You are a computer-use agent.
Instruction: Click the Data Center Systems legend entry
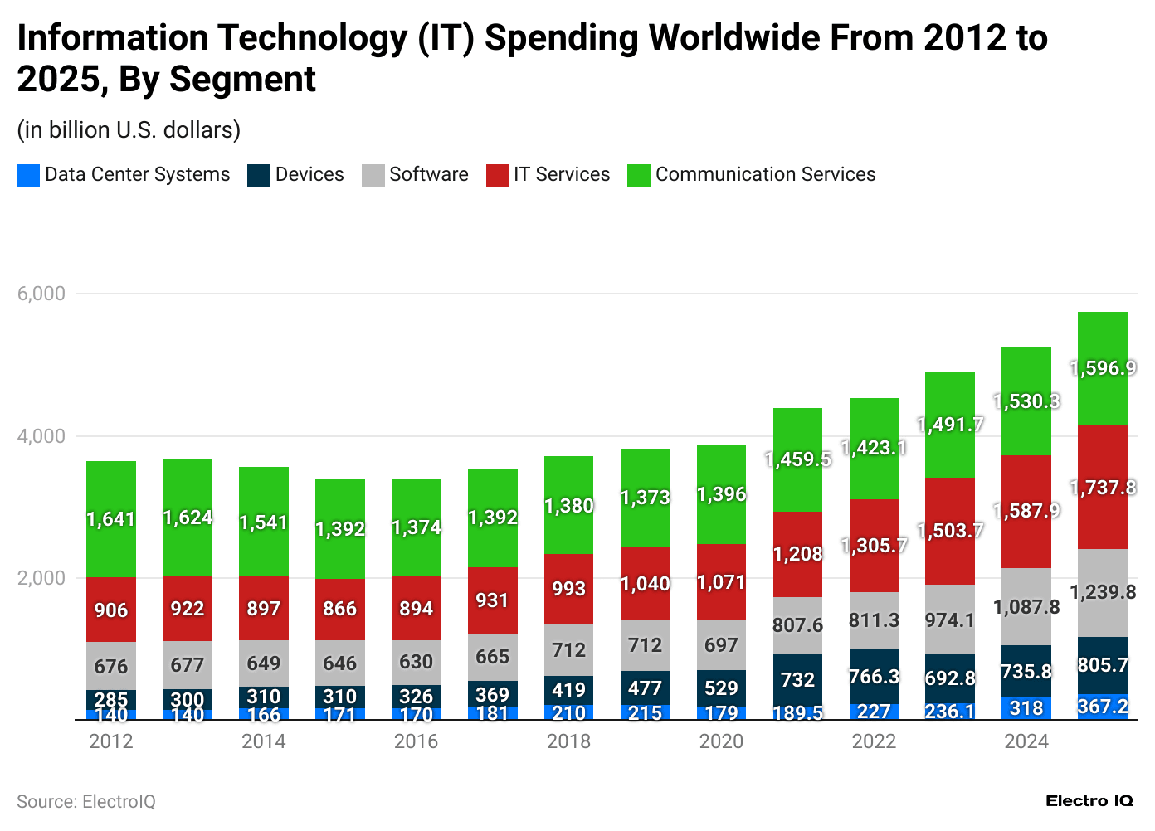coord(124,175)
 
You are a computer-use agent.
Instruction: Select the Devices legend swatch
coord(259,176)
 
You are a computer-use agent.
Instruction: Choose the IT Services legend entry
coord(548,175)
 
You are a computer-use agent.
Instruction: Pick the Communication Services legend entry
coord(752,175)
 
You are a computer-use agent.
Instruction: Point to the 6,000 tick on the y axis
coord(41,294)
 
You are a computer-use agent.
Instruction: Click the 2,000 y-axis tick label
coord(41,578)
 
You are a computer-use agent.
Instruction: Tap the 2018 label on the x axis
coord(568,741)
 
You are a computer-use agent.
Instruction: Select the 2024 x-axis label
coord(1026,741)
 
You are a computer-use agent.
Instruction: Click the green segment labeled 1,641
coord(111,519)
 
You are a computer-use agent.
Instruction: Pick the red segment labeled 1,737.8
coord(1103,488)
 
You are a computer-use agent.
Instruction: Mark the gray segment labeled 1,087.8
coord(1026,607)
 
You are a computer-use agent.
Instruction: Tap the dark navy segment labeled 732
coord(797,680)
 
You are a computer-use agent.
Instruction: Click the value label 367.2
coord(1103,707)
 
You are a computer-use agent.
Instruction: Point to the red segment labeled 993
coord(568,589)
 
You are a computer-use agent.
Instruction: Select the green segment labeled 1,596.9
coord(1103,368)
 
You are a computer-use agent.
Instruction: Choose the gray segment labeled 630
coord(416,662)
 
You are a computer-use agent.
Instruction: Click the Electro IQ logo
coord(1089,801)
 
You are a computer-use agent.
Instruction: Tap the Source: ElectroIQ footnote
coord(86,802)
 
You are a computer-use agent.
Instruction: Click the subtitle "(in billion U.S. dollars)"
coord(129,130)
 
